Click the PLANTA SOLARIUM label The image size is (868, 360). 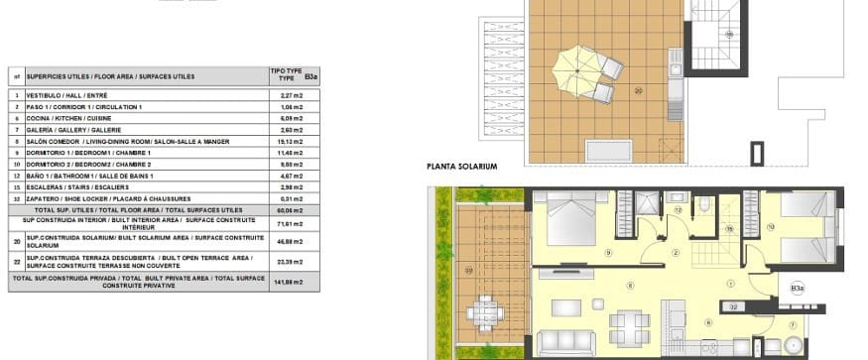(x=461, y=167)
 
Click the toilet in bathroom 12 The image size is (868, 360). (x=702, y=207)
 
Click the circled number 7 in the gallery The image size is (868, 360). (x=792, y=324)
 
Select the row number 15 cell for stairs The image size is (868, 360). (x=16, y=186)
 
